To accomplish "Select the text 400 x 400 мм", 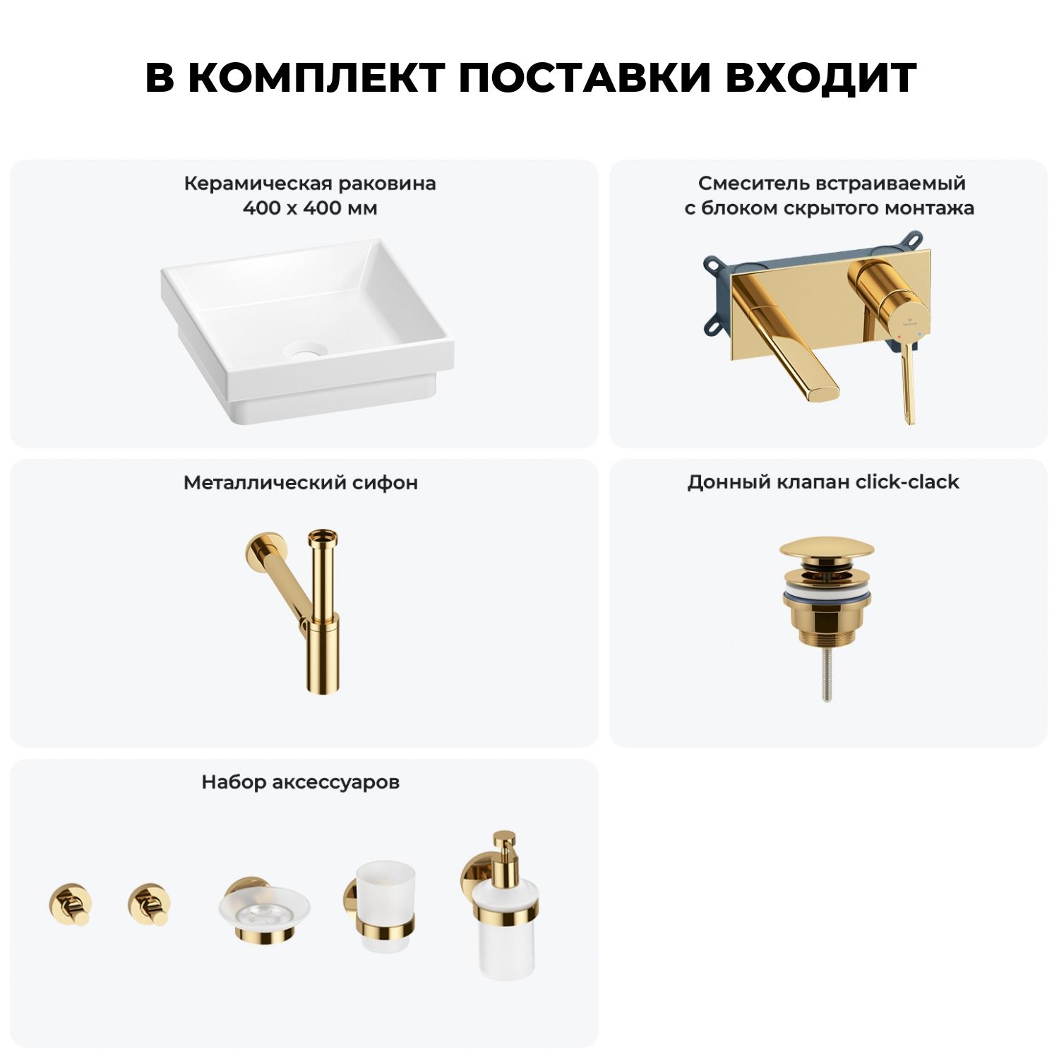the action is click(310, 208).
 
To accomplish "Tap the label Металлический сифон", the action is click(301, 483).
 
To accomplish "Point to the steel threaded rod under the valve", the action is click(827, 674).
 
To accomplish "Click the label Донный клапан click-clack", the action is click(823, 482).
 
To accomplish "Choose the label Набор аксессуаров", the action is click(301, 782).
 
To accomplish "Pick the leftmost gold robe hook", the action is click(70, 904).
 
